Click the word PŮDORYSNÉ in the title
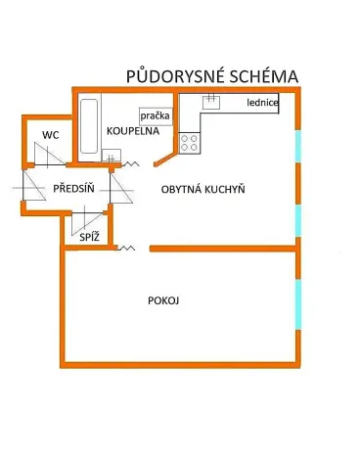[x=173, y=76]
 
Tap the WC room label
[x=49, y=134]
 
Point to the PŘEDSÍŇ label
[x=73, y=188]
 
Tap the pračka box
[x=154, y=115]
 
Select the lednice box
[x=263, y=102]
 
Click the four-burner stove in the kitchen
[x=189, y=140]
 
